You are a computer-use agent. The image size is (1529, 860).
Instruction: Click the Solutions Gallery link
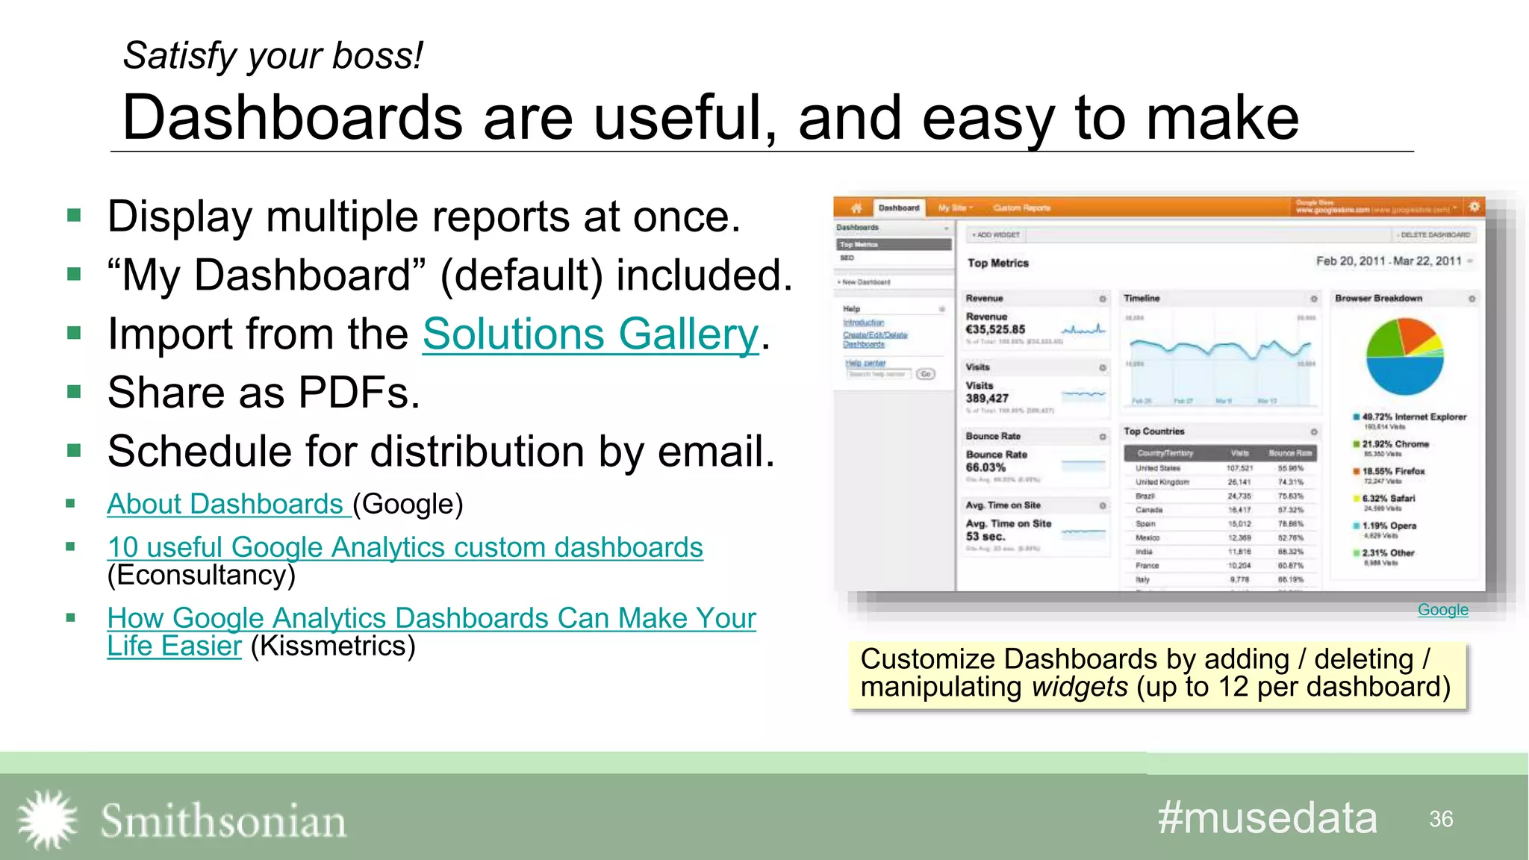pyautogui.click(x=590, y=334)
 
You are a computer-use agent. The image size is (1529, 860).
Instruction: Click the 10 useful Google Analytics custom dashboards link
pyautogui.click(x=405, y=548)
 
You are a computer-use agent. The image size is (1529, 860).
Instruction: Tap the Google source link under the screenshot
pyautogui.click(x=1442, y=610)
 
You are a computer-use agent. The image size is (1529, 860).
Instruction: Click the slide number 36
pyautogui.click(x=1441, y=819)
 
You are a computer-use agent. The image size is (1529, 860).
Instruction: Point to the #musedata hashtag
pyautogui.click(x=1267, y=818)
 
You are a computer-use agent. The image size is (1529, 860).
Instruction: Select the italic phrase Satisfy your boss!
pyautogui.click(x=273, y=56)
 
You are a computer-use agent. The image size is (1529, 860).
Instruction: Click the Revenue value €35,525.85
pyautogui.click(x=995, y=329)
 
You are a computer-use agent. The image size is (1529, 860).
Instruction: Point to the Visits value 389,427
pyautogui.click(x=987, y=399)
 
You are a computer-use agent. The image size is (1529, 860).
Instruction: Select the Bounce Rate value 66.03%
pyautogui.click(x=985, y=467)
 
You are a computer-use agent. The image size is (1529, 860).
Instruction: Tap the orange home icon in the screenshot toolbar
pyautogui.click(x=856, y=208)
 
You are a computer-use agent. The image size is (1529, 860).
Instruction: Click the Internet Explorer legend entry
pyautogui.click(x=1413, y=417)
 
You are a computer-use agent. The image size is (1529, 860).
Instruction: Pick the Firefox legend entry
pyautogui.click(x=1393, y=472)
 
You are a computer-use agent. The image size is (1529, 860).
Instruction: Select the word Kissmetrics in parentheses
pyautogui.click(x=333, y=646)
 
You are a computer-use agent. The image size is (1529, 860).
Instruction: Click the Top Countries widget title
pyautogui.click(x=1154, y=431)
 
